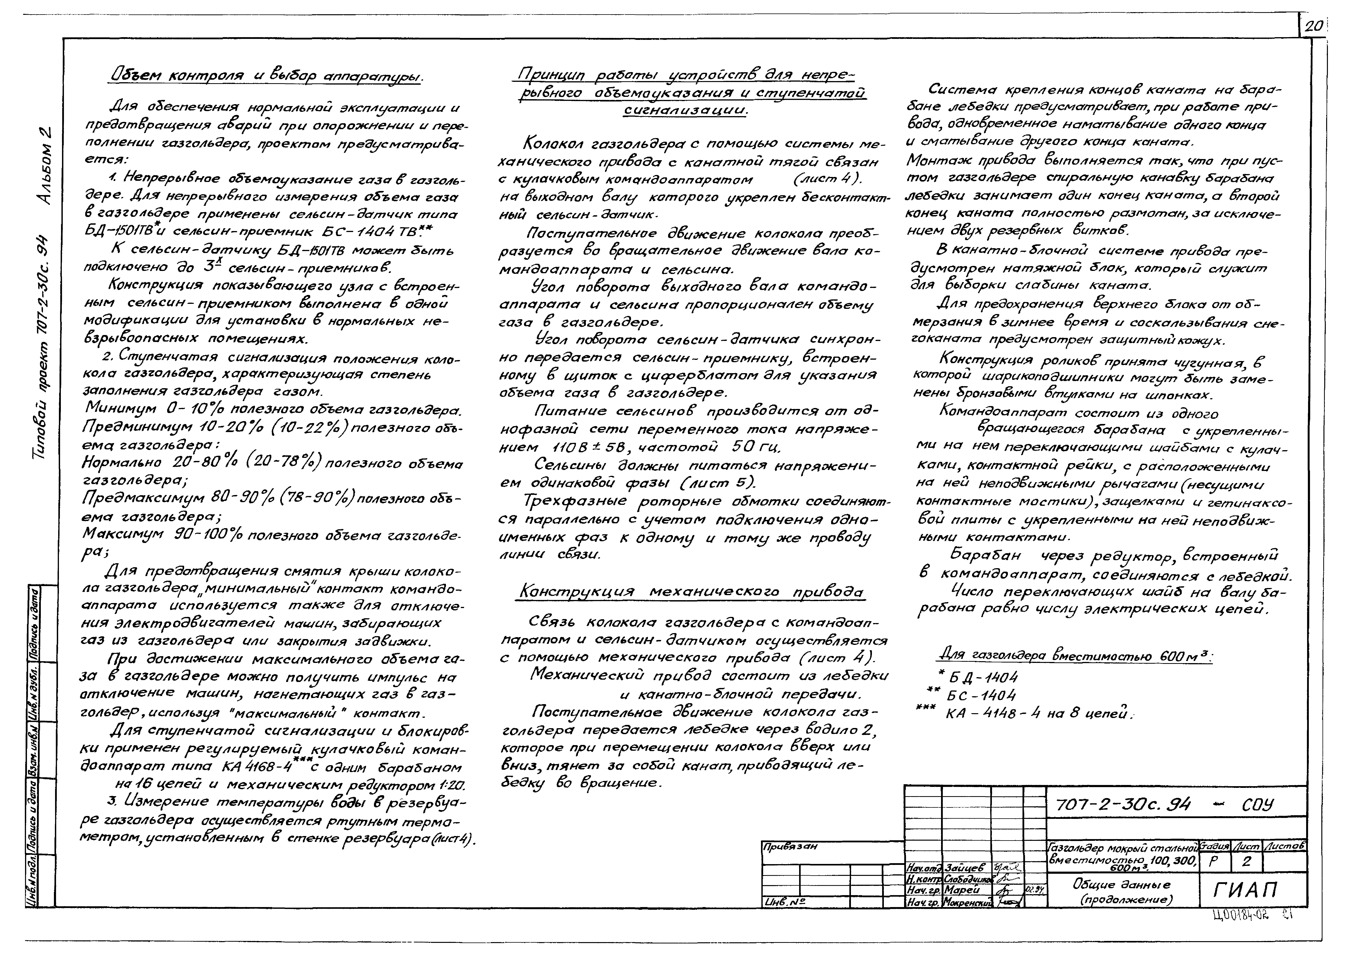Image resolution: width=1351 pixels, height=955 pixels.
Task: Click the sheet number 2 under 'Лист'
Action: tap(1246, 862)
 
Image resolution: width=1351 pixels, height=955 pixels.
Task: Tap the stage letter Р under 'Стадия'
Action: tap(1213, 862)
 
